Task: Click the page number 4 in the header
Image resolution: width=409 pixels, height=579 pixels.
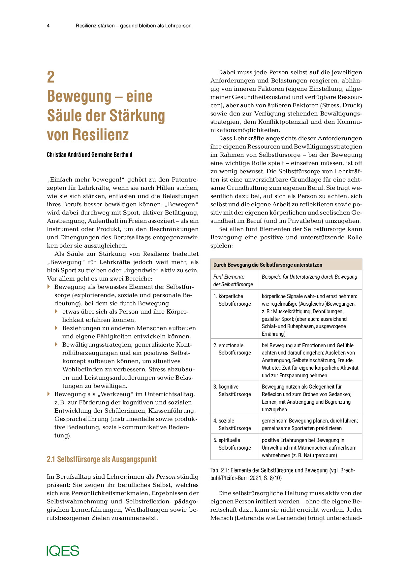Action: coord(48,26)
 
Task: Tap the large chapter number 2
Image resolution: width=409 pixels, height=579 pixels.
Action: coord(51,77)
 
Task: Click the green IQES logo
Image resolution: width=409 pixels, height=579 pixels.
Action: coord(63,551)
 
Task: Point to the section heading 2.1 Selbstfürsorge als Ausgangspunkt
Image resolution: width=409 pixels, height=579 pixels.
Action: coord(102,459)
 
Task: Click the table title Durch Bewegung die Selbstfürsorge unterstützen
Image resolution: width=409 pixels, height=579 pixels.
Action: coord(267,265)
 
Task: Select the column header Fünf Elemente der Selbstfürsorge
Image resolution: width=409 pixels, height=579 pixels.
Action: coord(233,280)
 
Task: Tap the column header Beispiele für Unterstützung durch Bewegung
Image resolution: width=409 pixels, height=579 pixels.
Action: coord(309,277)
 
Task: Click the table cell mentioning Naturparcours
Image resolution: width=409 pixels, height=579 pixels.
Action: coord(309,448)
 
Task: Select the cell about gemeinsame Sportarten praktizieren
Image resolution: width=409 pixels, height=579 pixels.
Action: coord(309,425)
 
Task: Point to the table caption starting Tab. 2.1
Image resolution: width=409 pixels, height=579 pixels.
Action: coord(282,474)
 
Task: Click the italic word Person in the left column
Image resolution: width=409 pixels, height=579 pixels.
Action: coord(166,477)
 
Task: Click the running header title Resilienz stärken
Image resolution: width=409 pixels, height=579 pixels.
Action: coord(134,26)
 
